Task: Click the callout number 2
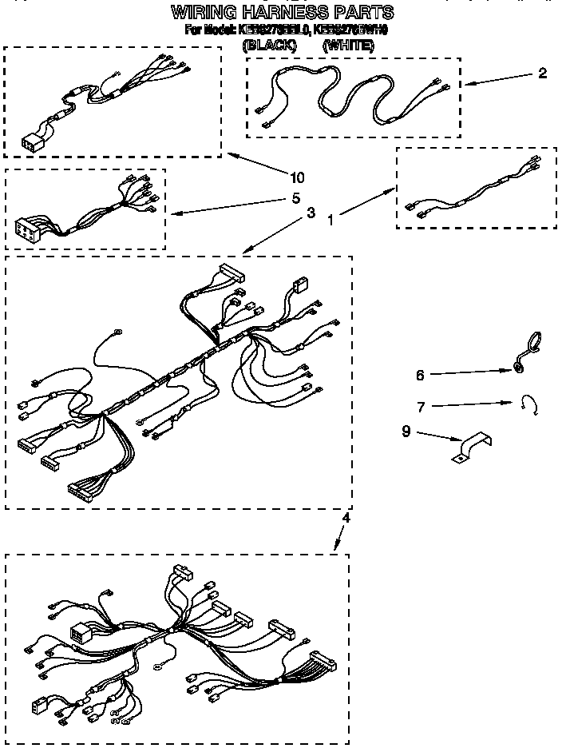(543, 74)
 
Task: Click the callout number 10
(298, 177)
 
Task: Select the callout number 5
(295, 198)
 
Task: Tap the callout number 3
(310, 213)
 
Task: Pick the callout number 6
(420, 374)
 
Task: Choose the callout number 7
(420, 406)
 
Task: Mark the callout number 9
(406, 432)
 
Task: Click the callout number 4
(346, 518)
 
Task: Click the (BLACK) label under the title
(268, 46)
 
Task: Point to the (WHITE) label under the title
(348, 46)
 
